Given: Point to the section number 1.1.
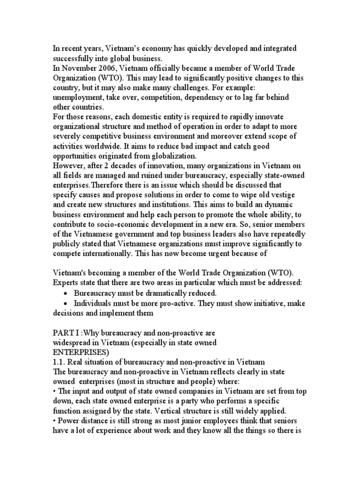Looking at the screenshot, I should (x=59, y=361).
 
